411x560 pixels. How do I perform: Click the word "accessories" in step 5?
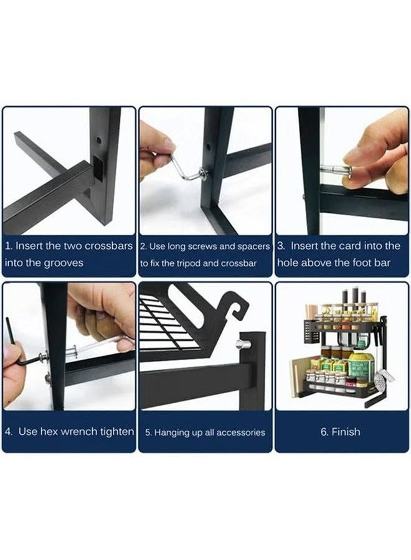(x=235, y=432)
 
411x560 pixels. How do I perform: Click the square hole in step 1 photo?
(x=99, y=168)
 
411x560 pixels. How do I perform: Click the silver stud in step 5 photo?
(x=243, y=343)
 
